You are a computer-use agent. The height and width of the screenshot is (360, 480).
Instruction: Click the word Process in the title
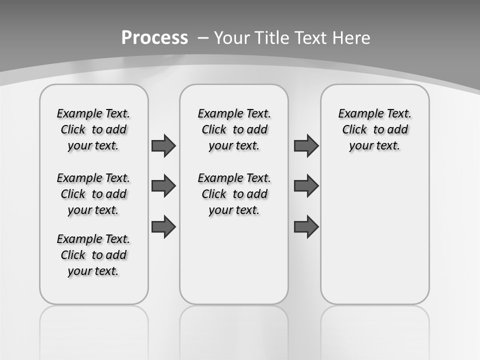tap(154, 37)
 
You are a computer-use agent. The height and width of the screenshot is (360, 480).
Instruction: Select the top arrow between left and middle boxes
tap(163, 145)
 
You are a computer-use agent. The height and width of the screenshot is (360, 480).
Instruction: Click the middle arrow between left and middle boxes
tap(163, 186)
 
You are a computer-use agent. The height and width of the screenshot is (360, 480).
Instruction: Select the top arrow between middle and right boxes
tap(306, 145)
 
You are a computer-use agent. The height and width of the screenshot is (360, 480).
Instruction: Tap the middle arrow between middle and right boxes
tap(306, 186)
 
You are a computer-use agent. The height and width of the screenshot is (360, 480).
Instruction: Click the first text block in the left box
tap(93, 129)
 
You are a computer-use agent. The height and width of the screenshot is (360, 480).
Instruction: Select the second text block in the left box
tap(93, 194)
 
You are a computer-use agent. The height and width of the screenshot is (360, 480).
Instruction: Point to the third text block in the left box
tap(93, 255)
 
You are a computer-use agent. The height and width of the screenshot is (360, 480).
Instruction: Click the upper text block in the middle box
tap(234, 129)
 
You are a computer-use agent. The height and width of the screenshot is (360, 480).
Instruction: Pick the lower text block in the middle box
tap(234, 194)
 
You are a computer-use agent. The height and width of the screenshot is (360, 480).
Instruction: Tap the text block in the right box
tap(375, 129)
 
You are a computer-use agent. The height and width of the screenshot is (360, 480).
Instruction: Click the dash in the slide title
tap(203, 37)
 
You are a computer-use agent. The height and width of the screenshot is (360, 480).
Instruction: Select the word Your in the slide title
tap(232, 37)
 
